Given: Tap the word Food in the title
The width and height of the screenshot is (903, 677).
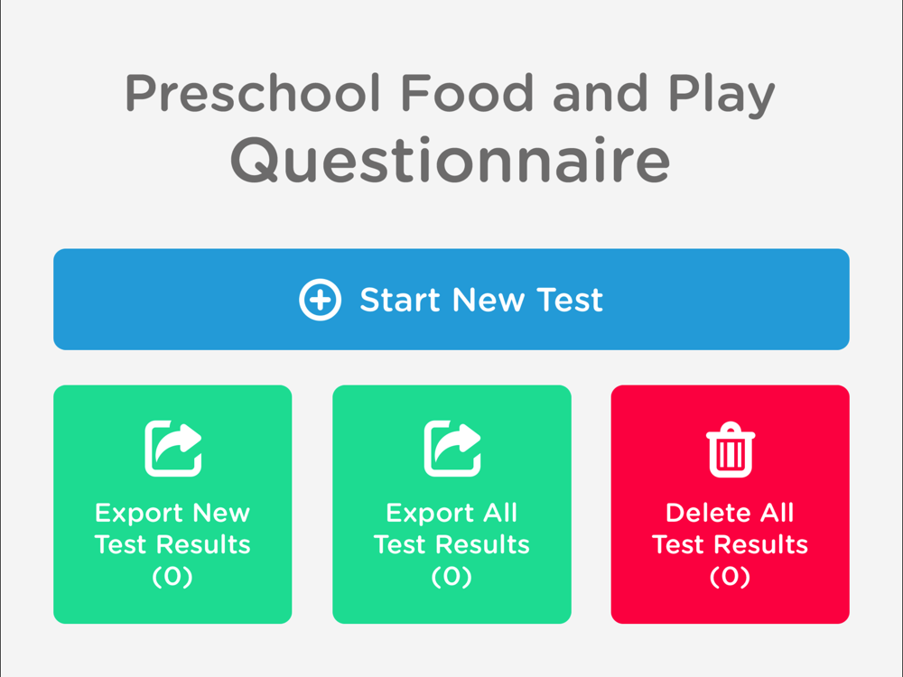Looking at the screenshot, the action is [x=467, y=92].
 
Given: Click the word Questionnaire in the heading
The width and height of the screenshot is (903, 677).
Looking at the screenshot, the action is [x=451, y=160].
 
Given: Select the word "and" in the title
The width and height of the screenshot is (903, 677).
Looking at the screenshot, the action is [x=600, y=92].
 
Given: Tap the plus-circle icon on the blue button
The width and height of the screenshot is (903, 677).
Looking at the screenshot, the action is [x=321, y=300].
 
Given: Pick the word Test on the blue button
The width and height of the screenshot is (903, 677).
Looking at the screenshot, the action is [x=570, y=300].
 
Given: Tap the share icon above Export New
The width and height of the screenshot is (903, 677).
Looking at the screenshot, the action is [x=172, y=449].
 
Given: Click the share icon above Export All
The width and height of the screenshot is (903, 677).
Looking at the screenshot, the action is [x=452, y=449].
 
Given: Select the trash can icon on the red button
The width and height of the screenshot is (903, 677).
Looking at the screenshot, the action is [x=731, y=450].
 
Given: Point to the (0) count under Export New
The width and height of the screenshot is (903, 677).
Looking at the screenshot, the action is [x=172, y=576].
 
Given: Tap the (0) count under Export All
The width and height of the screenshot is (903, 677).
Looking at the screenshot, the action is [x=451, y=576].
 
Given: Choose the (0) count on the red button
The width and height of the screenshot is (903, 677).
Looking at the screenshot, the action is [x=730, y=576].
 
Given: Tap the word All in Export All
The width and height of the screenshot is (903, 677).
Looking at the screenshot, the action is [x=500, y=513].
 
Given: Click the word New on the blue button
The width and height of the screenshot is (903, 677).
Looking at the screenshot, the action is [x=489, y=300].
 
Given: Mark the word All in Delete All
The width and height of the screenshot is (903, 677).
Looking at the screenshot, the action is [x=777, y=513].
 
